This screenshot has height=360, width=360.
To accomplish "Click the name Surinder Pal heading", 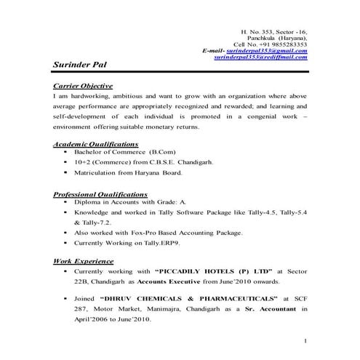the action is tap(81, 65).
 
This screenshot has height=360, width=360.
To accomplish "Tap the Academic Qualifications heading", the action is tap(96, 144).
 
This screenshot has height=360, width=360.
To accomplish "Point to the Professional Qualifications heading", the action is tap(100, 195).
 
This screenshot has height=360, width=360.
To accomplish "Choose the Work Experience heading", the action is tap(80, 260).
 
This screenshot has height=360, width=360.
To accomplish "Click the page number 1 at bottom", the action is tap(306, 340).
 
